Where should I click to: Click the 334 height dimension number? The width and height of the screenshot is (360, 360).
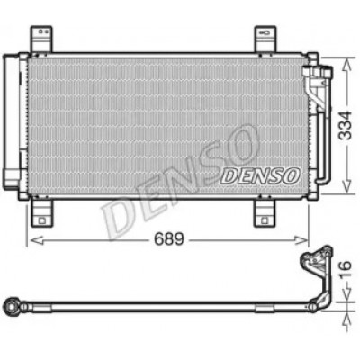(x=345, y=125)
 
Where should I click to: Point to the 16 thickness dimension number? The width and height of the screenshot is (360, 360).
(x=346, y=269)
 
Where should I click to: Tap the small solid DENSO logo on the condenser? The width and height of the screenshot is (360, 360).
(x=260, y=176)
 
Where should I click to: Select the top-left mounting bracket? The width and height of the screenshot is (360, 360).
(x=41, y=40)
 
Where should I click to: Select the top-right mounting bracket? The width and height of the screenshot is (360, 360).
(x=265, y=40)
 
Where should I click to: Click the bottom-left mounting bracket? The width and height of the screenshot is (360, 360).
(x=42, y=213)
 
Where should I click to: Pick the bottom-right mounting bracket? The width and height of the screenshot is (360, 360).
(x=265, y=213)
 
